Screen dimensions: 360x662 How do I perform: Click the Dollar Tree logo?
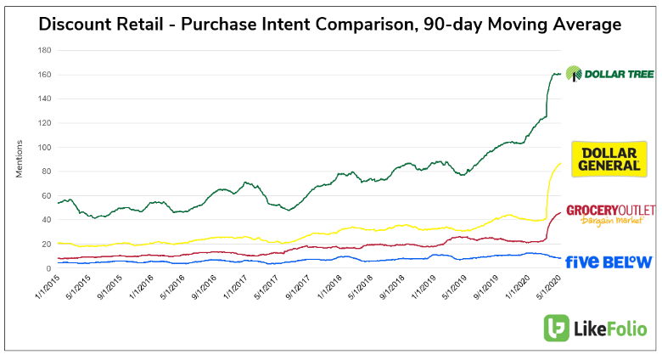click(x=609, y=75)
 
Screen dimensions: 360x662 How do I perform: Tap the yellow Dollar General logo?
click(x=607, y=159)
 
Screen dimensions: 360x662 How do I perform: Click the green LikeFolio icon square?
click(x=558, y=328)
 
